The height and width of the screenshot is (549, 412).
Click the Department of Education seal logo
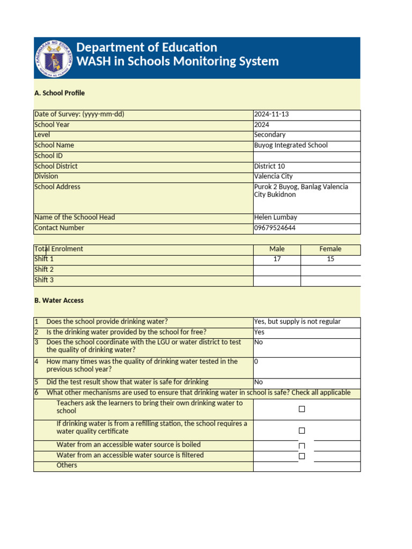pos(54,57)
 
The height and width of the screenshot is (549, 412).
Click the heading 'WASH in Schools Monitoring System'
pos(178,61)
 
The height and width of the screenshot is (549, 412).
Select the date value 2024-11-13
pos(271,115)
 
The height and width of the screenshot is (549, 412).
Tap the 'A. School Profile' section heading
pos(60,93)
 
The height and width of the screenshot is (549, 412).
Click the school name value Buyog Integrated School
pos(291,145)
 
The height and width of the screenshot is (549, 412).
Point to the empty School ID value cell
pos(306,156)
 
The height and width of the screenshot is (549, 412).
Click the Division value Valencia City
pos(273,176)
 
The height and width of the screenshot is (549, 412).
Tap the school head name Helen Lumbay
pos(275,218)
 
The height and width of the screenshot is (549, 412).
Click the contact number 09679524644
pos(275,228)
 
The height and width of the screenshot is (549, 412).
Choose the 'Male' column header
pos(277,249)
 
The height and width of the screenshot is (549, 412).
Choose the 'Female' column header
pos(330,249)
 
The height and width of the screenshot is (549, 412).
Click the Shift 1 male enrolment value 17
pos(277,259)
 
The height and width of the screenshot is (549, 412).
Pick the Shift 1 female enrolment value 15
pos(330,259)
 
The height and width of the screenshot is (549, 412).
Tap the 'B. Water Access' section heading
pos(59,301)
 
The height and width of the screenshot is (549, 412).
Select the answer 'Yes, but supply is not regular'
pos(297,322)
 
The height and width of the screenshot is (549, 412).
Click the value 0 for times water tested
pos(256,362)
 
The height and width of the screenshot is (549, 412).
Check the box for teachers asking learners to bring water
pos(301,409)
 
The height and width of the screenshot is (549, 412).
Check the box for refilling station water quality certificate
pos(301,431)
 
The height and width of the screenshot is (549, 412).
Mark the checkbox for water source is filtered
pos(301,456)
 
